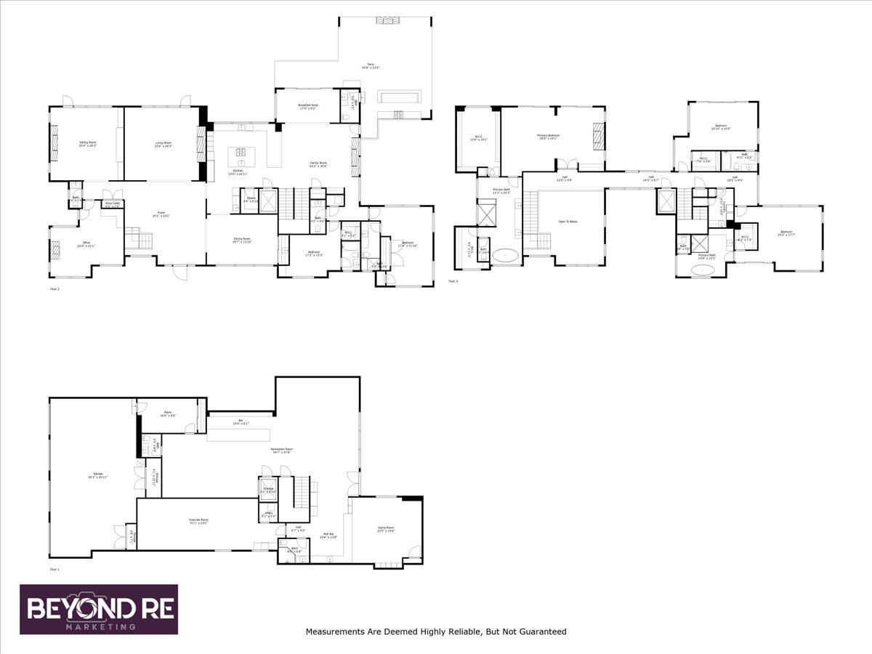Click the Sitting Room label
88,144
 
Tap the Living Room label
163,144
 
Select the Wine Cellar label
113,206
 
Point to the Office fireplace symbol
53,251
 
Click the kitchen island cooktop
241,153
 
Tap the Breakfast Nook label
307,107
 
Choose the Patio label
375,66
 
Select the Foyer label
161,214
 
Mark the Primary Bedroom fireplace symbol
599,135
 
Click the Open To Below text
568,221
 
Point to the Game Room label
385,528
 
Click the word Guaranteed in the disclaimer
536,632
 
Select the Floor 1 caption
54,569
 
